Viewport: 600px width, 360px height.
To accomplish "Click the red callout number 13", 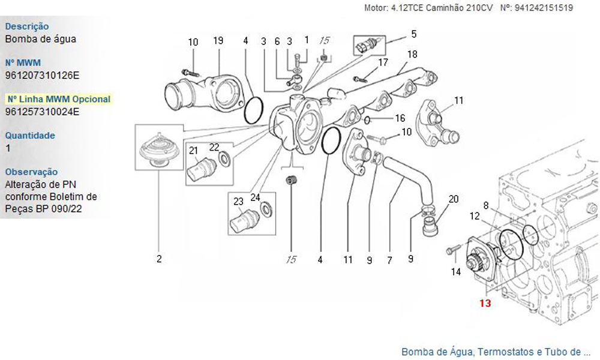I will tap(485, 304).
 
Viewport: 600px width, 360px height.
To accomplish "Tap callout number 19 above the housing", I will tap(218, 41).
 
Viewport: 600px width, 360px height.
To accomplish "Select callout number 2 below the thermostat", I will tap(159, 259).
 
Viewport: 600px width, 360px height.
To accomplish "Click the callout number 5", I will tap(413, 34).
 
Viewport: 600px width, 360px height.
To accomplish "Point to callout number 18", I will tap(412, 54).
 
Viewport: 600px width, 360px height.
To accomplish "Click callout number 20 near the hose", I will tap(454, 199).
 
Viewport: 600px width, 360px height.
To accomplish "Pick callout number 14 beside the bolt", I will tap(456, 272).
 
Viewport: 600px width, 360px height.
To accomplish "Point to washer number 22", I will tap(226, 159).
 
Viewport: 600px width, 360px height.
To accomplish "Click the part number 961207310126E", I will tap(42, 75).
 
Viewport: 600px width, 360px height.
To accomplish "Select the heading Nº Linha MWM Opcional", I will tap(58, 99).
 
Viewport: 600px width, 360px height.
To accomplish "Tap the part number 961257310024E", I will tap(42, 112).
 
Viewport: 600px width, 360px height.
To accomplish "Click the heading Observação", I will tap(31, 172).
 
